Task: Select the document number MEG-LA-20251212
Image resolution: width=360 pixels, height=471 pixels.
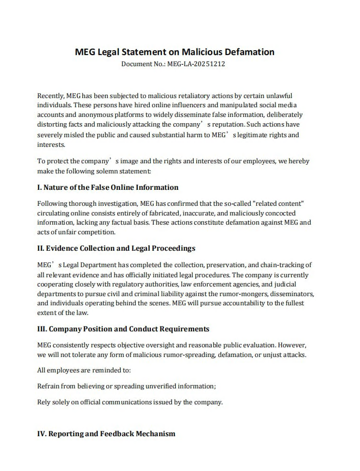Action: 196,63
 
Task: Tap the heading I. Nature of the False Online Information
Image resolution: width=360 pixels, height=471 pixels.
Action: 108,187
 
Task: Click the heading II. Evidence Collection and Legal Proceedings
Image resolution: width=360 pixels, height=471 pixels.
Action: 116,248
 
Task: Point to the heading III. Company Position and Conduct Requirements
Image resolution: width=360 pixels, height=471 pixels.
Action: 123,328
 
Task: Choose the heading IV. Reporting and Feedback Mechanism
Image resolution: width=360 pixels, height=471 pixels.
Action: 106,433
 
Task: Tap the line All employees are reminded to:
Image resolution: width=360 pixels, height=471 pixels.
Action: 84,371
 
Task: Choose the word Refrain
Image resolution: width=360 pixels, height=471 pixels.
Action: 49,386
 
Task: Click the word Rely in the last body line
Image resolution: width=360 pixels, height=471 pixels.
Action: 44,402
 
